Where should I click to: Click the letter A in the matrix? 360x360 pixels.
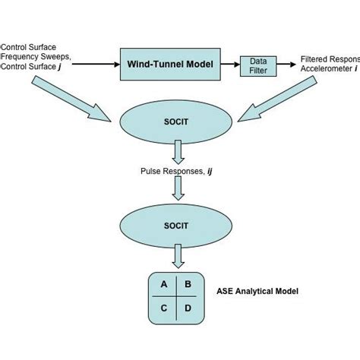click(x=163, y=286)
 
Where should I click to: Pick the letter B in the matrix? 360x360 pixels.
click(x=188, y=286)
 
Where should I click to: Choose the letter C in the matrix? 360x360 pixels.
click(x=163, y=309)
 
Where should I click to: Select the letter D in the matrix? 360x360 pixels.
click(x=188, y=309)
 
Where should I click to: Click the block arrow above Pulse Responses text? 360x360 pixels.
click(x=176, y=155)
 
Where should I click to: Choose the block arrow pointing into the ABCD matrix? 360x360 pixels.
click(x=176, y=259)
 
